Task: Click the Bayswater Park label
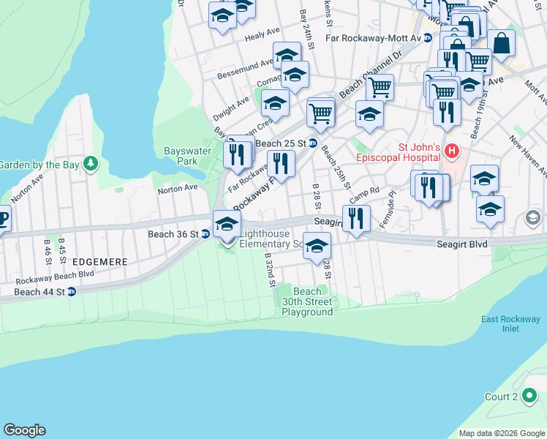tap(181, 156)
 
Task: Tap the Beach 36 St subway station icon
tap(205, 234)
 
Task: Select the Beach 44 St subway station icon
tap(72, 292)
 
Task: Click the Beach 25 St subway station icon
tap(313, 143)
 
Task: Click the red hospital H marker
tap(452, 151)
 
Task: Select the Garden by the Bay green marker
tap(90, 163)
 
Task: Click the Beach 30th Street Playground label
tap(307, 301)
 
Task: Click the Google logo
tap(24, 430)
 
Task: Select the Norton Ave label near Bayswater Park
tap(178, 188)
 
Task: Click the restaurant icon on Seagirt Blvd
tap(356, 218)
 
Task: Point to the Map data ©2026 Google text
tap(501, 433)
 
